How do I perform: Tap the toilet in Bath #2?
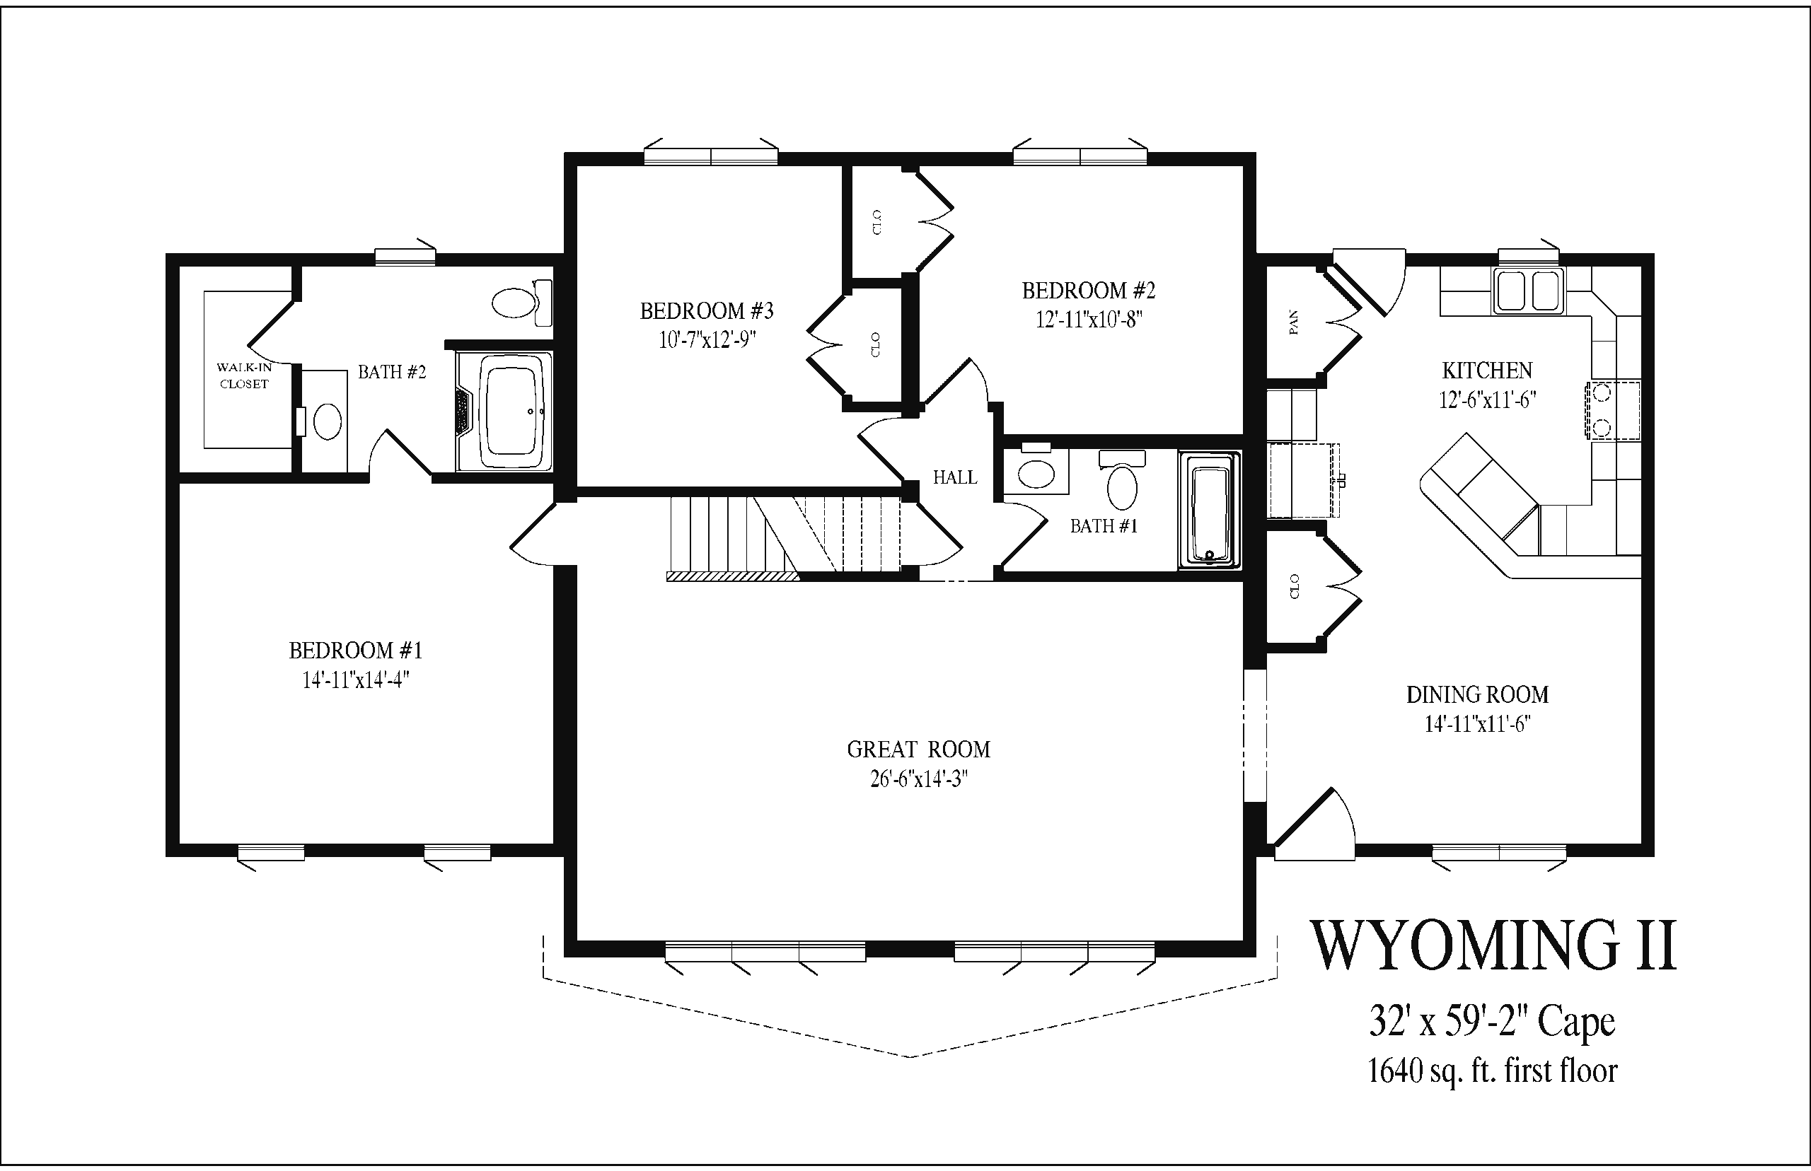523,303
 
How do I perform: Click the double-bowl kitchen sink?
1529,291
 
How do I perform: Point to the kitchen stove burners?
1602,410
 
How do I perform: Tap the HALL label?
954,477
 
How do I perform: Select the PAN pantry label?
1293,322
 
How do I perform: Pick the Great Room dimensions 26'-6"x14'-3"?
919,779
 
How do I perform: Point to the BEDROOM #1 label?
355,650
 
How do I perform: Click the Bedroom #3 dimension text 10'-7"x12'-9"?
707,339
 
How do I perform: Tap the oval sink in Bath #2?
328,421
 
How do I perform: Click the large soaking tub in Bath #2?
504,412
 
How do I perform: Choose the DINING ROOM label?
1477,694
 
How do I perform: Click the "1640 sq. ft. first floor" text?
1493,1071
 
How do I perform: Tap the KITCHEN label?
1487,371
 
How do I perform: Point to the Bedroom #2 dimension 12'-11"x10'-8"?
1089,319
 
